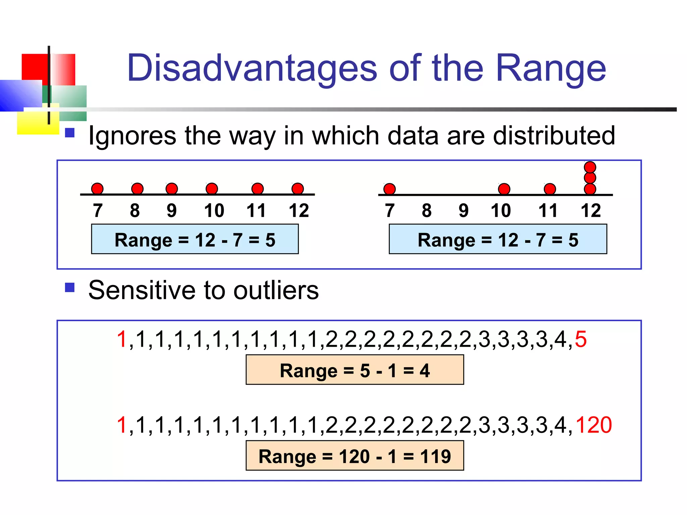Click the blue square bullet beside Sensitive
click(x=69, y=287)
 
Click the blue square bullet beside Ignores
click(x=69, y=133)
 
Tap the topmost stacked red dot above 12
click(x=590, y=167)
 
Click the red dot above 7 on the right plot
click(x=389, y=189)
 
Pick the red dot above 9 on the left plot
click(x=172, y=188)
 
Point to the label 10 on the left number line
click(x=214, y=211)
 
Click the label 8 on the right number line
click(x=426, y=211)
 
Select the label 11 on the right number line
click(x=547, y=211)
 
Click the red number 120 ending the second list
click(x=593, y=425)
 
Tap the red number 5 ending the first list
click(x=581, y=339)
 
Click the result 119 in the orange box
click(x=435, y=456)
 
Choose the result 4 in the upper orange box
click(x=424, y=371)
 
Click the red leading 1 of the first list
click(x=121, y=339)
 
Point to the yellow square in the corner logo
click(x=34, y=124)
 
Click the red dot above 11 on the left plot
click(x=257, y=188)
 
